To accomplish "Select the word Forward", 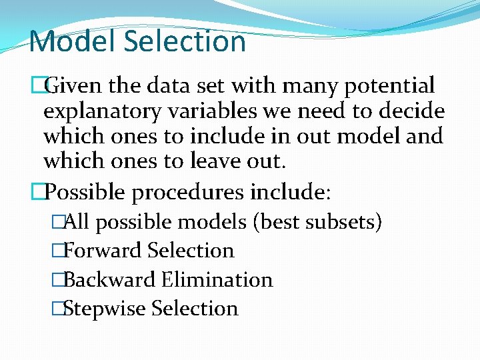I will (x=103, y=251).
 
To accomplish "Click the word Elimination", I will (x=217, y=279).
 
